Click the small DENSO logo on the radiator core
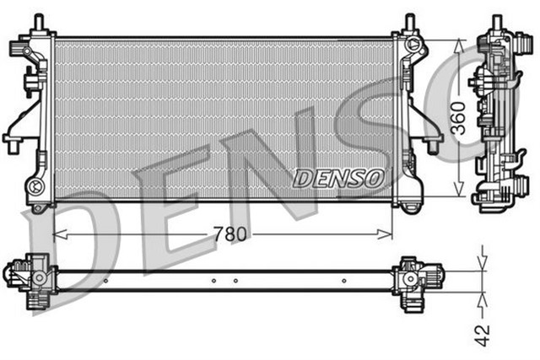pos(338,178)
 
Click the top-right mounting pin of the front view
pos(409,20)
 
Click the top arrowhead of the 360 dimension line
pos(457,45)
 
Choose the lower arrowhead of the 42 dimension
pos(483,297)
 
